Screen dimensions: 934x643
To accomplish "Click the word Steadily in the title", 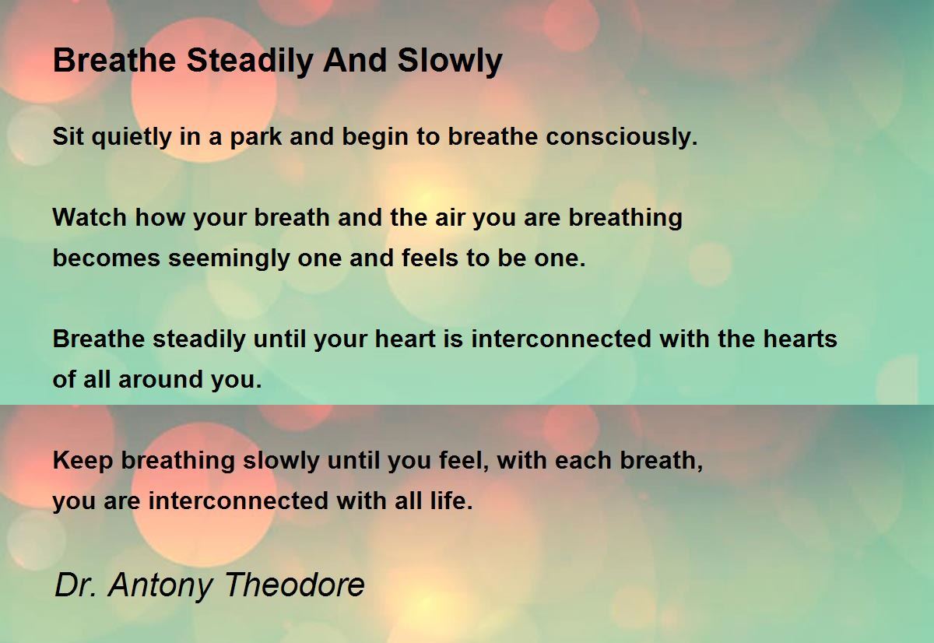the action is click(249, 61).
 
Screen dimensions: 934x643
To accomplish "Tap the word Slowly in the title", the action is click(450, 61).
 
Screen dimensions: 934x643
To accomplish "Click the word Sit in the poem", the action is click(68, 136).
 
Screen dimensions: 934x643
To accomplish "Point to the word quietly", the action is click(132, 138).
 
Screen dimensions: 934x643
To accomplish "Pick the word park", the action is click(255, 138).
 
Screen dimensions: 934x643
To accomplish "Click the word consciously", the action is click(622, 138).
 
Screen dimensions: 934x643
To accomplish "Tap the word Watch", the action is click(90, 217).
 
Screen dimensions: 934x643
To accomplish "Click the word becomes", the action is click(107, 258).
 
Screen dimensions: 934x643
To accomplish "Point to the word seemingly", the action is click(229, 259).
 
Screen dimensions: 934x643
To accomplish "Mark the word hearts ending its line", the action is click(800, 339).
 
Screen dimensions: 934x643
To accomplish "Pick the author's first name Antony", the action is click(160, 586).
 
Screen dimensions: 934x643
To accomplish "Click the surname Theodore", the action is click(295, 585).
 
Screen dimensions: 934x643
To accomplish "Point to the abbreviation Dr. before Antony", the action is click(75, 585).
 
